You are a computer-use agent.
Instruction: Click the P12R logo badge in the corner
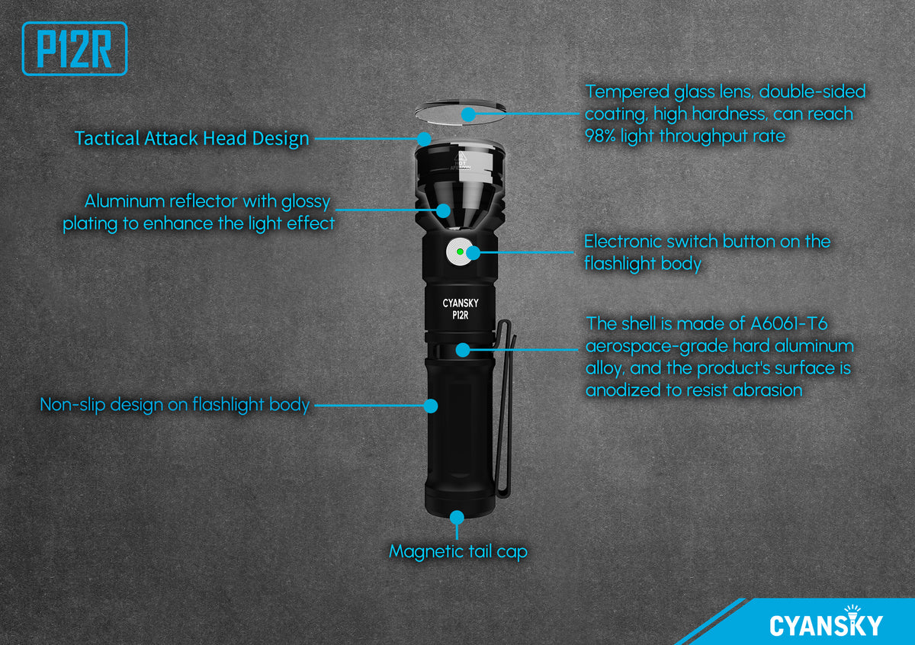coord(75,49)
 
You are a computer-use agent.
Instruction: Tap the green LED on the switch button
coord(460,252)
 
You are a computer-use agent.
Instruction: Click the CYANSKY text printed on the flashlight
coord(461,303)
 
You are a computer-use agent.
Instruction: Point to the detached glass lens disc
coord(461,112)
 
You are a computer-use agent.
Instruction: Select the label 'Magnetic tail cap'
coord(458,551)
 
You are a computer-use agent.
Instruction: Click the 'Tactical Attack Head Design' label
coord(191,139)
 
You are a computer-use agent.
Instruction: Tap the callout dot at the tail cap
coord(457,518)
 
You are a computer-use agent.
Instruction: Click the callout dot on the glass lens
coord(468,114)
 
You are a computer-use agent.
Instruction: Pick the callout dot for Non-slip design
coord(431,406)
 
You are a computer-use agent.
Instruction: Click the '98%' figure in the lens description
coord(600,136)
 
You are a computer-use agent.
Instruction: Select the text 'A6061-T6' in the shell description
coord(788,324)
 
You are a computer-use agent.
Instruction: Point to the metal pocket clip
coord(506,409)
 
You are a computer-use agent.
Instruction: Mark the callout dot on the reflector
coord(443,210)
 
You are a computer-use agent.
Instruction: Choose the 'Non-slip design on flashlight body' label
coord(175,405)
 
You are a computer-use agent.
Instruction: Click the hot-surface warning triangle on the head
coord(461,157)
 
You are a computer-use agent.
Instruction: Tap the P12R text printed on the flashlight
coord(461,315)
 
